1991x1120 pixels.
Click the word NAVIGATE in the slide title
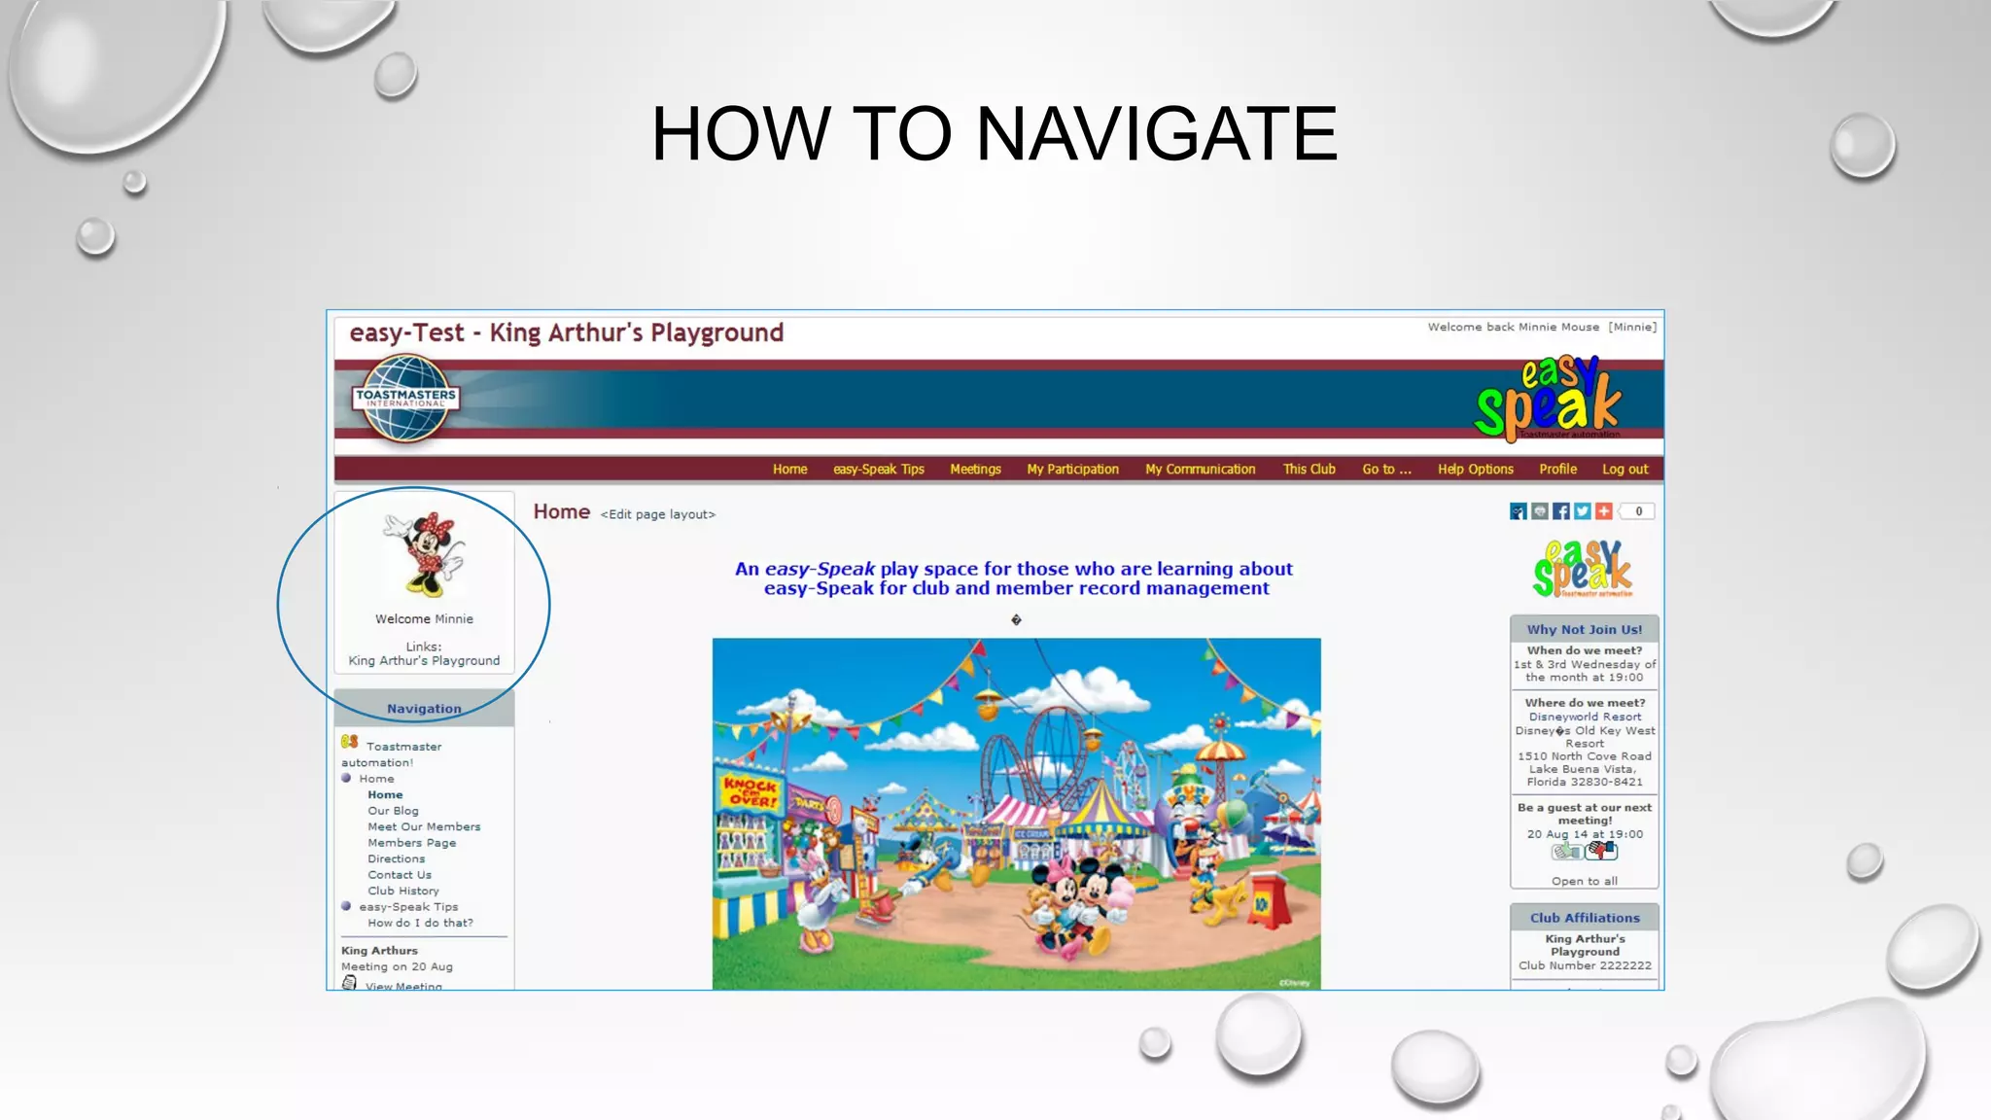(x=1156, y=134)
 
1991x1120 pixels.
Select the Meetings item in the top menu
(x=975, y=470)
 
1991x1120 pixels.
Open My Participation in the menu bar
(x=1072, y=470)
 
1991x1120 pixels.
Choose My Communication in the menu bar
(x=1200, y=470)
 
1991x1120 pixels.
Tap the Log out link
(x=1624, y=470)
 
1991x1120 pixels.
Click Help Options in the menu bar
(x=1475, y=470)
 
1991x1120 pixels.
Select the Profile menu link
(x=1557, y=470)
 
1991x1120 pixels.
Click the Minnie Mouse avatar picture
(x=424, y=553)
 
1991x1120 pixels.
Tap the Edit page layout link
(x=657, y=514)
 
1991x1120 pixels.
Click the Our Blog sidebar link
(x=393, y=811)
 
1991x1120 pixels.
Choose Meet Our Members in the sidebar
(x=424, y=827)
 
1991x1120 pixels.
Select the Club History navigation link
(x=403, y=892)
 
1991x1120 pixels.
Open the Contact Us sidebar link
(x=400, y=875)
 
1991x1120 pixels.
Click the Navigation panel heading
(x=424, y=709)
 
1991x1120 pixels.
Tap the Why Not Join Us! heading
(x=1584, y=630)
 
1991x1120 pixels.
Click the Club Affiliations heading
(x=1585, y=918)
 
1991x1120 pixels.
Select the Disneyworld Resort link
(x=1585, y=717)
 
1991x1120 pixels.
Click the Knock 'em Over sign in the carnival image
(x=750, y=791)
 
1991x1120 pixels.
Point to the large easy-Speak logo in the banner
(x=1548, y=399)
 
